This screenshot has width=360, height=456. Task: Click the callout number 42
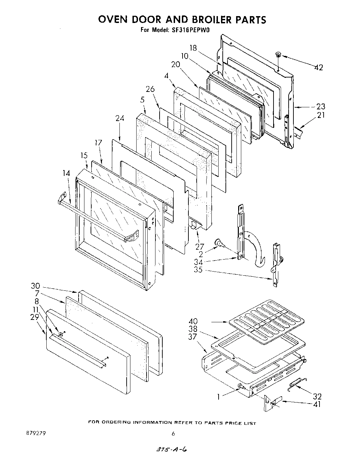(x=318, y=68)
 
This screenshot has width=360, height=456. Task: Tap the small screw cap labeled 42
(x=278, y=54)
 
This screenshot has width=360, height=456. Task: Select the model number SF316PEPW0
(x=189, y=30)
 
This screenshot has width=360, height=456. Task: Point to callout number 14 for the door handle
(x=66, y=173)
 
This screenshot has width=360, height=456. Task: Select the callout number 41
(x=317, y=404)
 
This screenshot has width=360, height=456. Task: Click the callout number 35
(x=198, y=270)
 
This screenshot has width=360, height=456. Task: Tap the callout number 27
(x=199, y=247)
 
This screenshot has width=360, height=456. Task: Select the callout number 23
(x=321, y=107)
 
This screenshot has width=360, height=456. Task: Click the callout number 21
(x=321, y=115)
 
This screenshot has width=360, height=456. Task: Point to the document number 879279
(x=36, y=433)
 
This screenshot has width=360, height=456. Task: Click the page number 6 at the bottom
(x=173, y=434)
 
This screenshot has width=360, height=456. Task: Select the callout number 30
(x=35, y=286)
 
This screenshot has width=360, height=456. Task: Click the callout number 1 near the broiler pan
(x=218, y=397)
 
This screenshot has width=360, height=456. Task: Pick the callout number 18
(x=193, y=48)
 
